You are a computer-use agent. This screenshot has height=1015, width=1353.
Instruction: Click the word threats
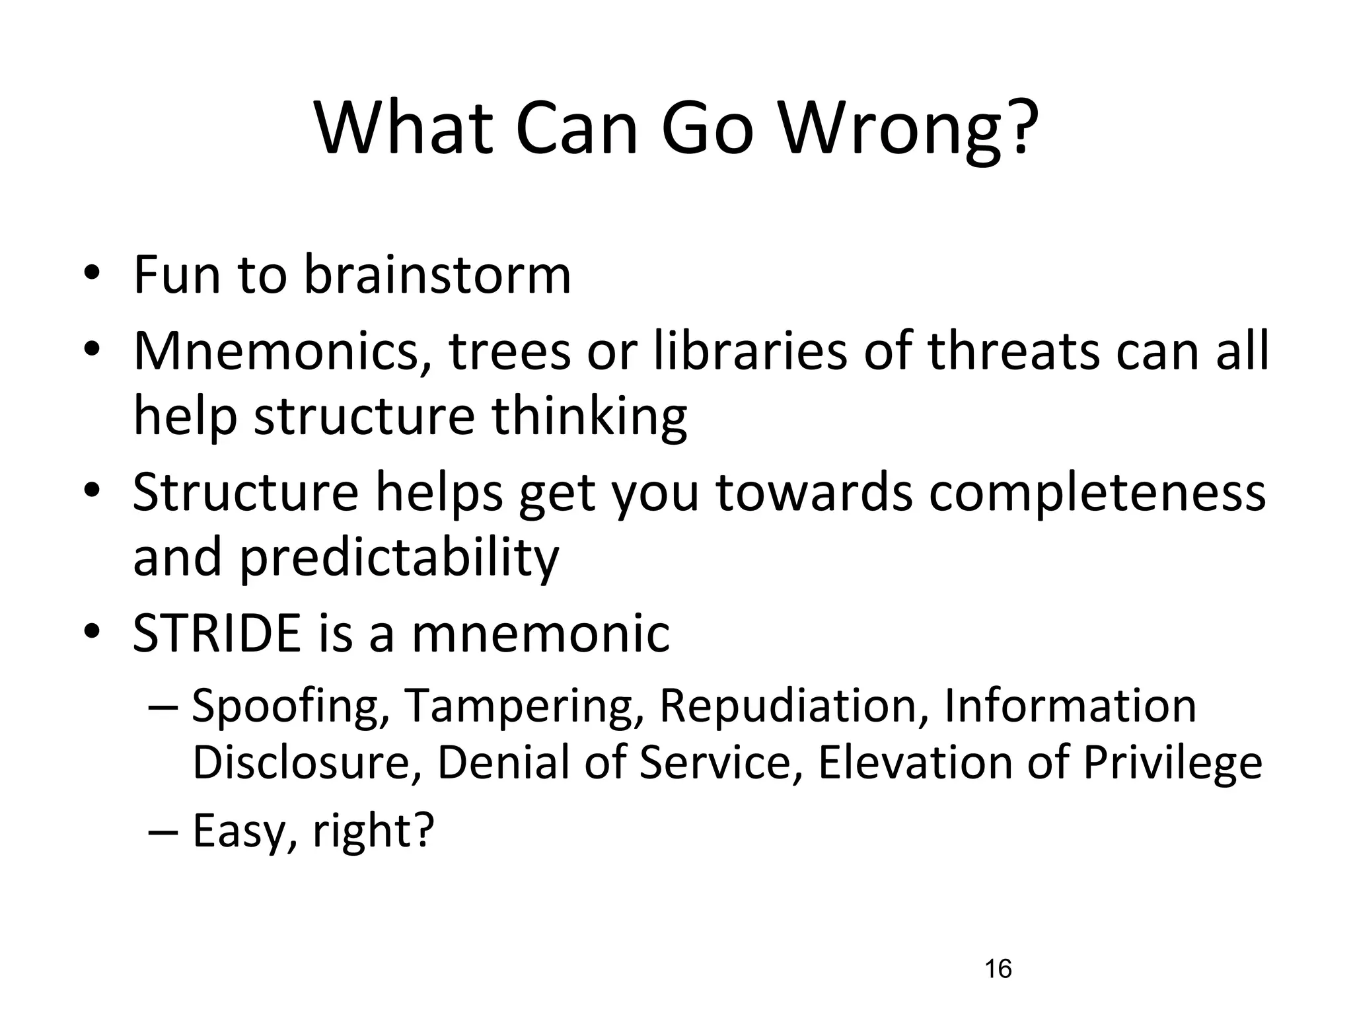(x=1014, y=351)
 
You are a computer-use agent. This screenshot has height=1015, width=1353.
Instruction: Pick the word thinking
(x=589, y=418)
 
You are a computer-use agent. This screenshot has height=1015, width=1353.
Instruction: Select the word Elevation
(x=914, y=762)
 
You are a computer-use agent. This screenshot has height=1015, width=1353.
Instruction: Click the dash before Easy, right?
(x=163, y=830)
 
